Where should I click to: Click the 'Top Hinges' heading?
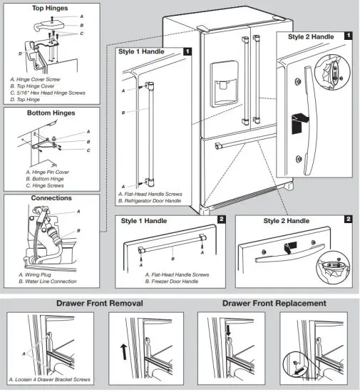51,8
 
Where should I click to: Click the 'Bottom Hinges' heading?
51,113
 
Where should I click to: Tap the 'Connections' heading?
51,197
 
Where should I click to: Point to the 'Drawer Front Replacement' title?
274,303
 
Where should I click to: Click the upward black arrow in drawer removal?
126,350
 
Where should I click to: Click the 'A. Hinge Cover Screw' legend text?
41,80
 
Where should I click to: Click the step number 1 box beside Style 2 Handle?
347,34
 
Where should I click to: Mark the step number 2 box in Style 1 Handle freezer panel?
222,220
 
